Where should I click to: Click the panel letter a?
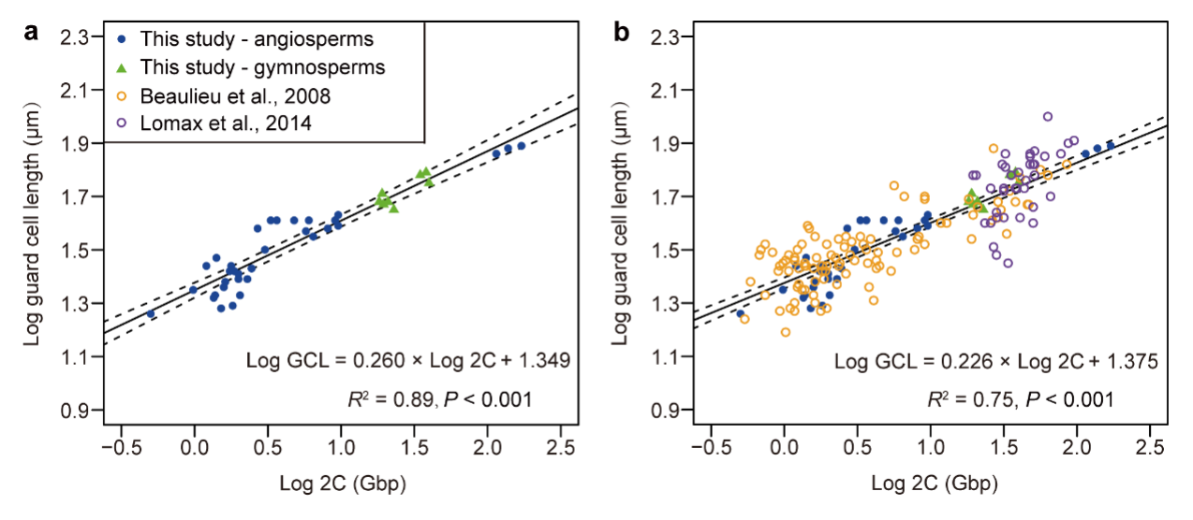tap(31, 35)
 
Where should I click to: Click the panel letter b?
tap(621, 35)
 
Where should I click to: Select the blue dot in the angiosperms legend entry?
tap(123, 40)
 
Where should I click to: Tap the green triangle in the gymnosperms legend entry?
tap(123, 67)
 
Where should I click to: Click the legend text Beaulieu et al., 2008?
tap(235, 95)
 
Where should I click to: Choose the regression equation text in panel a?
tap(407, 360)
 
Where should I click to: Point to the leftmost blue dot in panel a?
tap(151, 314)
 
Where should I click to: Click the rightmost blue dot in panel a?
tap(522, 145)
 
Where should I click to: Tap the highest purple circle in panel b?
tap(1048, 117)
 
